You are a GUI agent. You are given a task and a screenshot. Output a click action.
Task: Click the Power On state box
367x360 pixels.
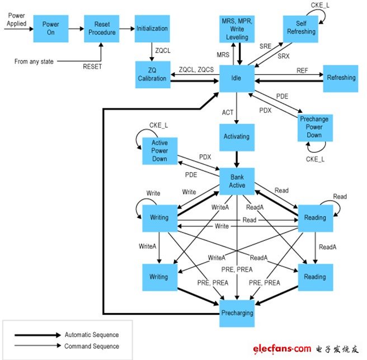[x=51, y=29]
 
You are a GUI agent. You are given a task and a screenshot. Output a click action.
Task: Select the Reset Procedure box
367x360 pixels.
[x=102, y=29]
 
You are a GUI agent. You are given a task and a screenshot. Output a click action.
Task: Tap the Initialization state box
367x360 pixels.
[x=152, y=29]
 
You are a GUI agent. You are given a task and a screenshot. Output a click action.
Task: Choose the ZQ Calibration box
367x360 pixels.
[x=153, y=74]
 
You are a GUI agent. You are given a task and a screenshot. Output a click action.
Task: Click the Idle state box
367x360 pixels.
[x=237, y=78]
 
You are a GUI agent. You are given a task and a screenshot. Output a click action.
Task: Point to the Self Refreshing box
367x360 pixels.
[x=300, y=29]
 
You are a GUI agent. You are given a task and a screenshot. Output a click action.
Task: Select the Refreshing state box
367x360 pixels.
[x=341, y=78]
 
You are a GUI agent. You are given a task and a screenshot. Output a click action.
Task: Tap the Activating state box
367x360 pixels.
[x=237, y=138]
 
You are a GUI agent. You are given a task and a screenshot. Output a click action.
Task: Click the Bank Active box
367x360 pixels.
[x=237, y=181]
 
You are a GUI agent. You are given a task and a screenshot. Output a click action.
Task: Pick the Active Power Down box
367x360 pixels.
[x=160, y=151]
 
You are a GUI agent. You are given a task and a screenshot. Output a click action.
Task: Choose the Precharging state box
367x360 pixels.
[x=237, y=314]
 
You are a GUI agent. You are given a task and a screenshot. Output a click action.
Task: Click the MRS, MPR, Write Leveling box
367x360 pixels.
[x=237, y=29]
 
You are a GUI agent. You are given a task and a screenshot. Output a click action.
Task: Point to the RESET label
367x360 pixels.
[x=92, y=67]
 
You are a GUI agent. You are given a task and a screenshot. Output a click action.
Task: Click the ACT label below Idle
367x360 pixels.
[x=228, y=112]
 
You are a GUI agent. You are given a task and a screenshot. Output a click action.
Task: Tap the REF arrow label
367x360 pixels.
[x=302, y=70]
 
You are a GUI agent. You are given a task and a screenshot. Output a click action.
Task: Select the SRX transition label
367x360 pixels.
[x=284, y=56]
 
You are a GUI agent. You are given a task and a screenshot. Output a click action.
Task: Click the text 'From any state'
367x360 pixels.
[x=34, y=61]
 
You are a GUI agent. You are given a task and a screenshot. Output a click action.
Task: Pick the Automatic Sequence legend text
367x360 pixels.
[x=92, y=335]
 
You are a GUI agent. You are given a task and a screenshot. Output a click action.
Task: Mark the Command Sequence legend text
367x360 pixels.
[x=92, y=346]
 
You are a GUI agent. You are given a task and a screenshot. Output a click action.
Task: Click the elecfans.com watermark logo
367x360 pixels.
[x=305, y=349]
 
